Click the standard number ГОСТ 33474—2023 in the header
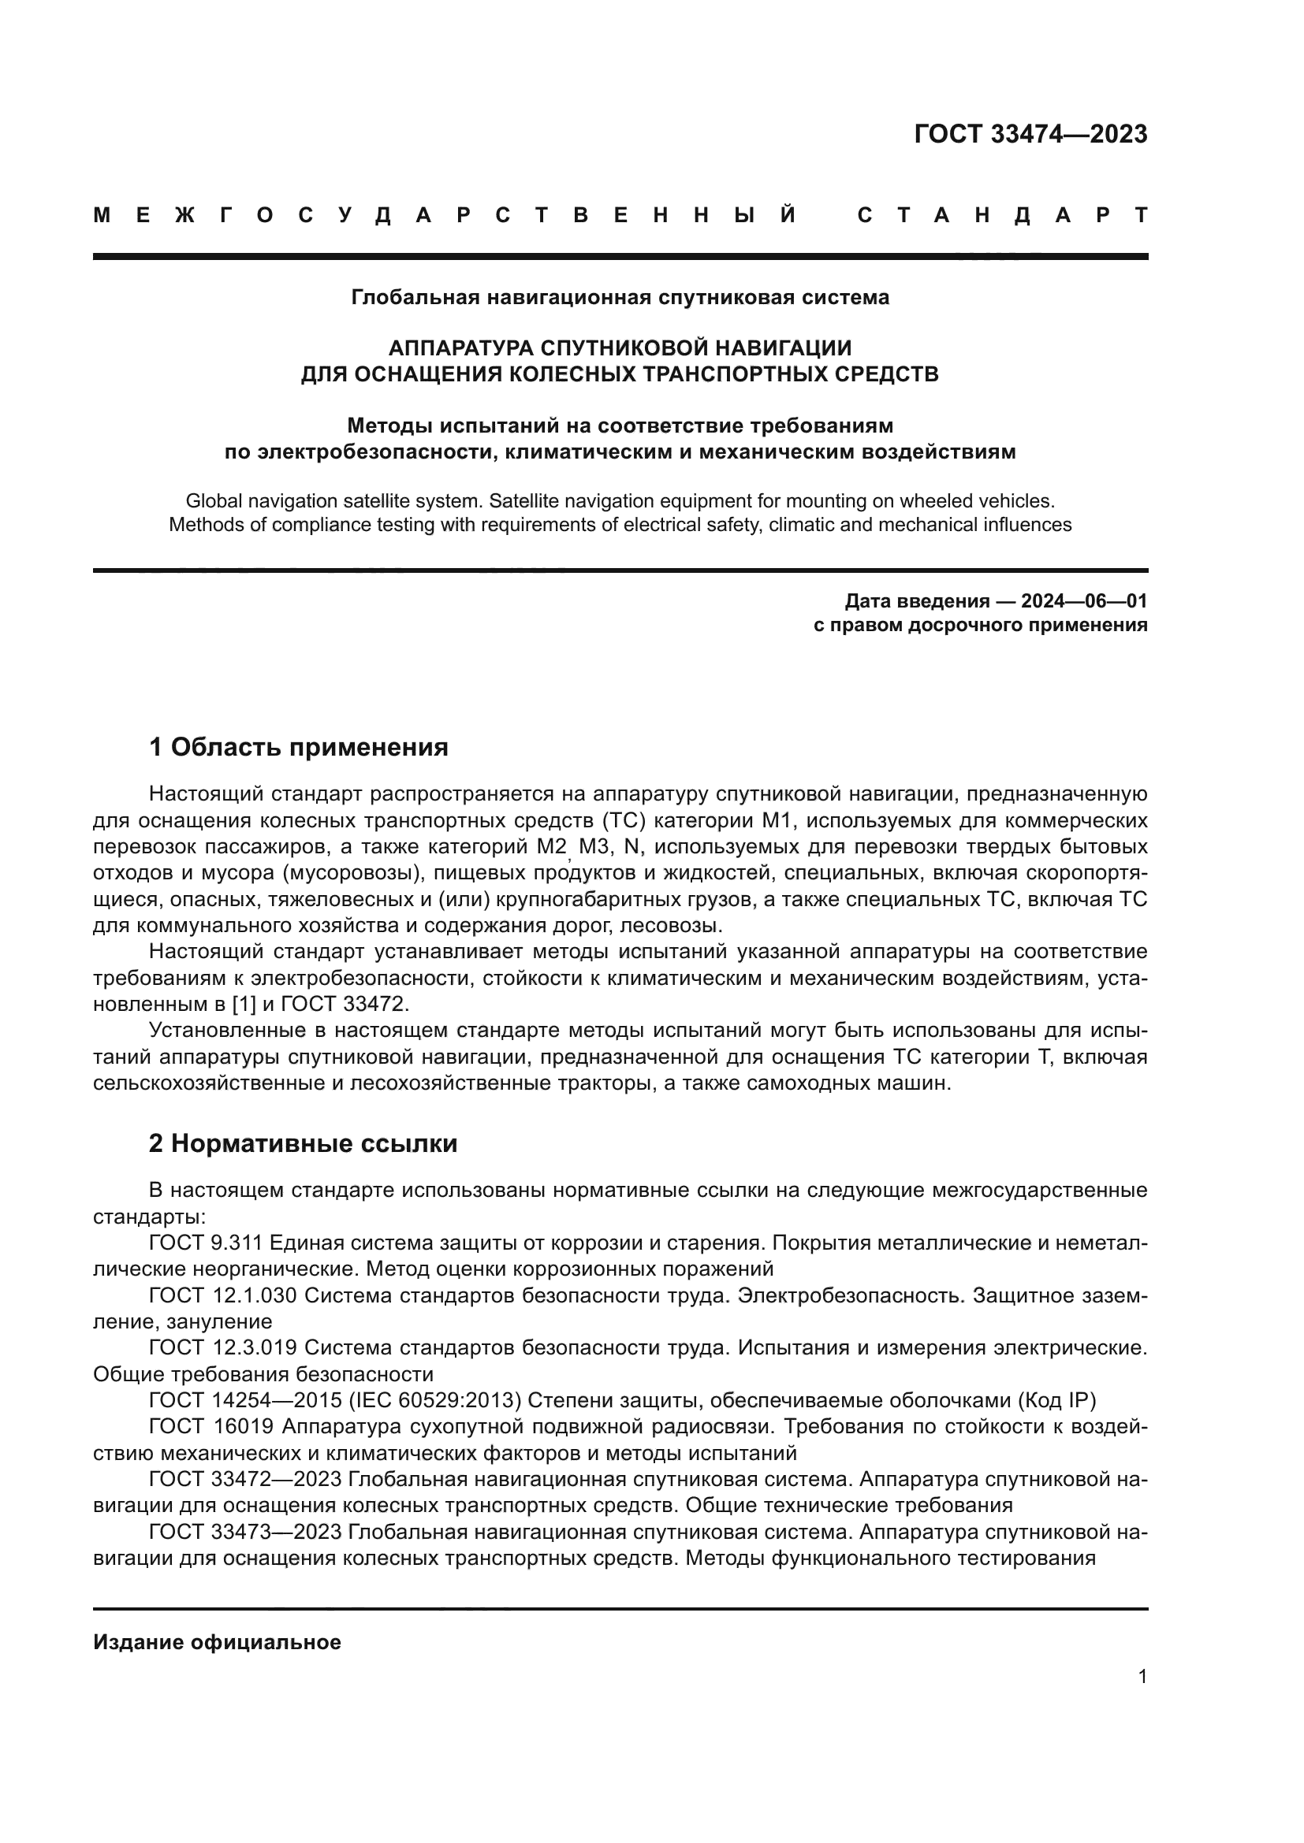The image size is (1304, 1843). [1030, 134]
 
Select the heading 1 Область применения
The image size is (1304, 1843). [298, 747]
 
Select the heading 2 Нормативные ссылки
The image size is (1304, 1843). [303, 1144]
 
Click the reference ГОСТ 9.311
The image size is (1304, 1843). [206, 1243]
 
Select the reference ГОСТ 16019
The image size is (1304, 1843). [211, 1427]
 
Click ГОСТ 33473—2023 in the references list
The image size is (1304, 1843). [245, 1533]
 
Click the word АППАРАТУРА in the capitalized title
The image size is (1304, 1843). [460, 347]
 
